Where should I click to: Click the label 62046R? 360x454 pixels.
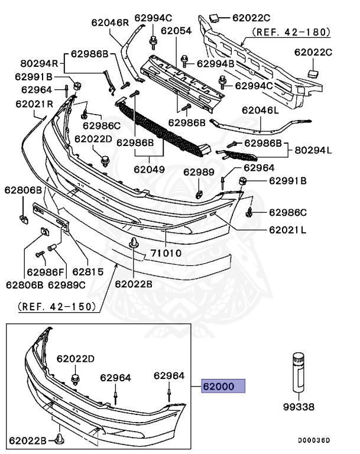(110, 23)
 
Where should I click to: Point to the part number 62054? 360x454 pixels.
(177, 31)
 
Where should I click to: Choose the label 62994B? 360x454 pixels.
(215, 63)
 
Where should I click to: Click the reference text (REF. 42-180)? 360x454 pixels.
(291, 32)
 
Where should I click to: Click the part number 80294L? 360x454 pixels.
(313, 150)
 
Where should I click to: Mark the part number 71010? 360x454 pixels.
(165, 254)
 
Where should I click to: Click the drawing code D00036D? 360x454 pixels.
(313, 440)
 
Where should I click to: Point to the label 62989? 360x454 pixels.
(196, 172)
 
